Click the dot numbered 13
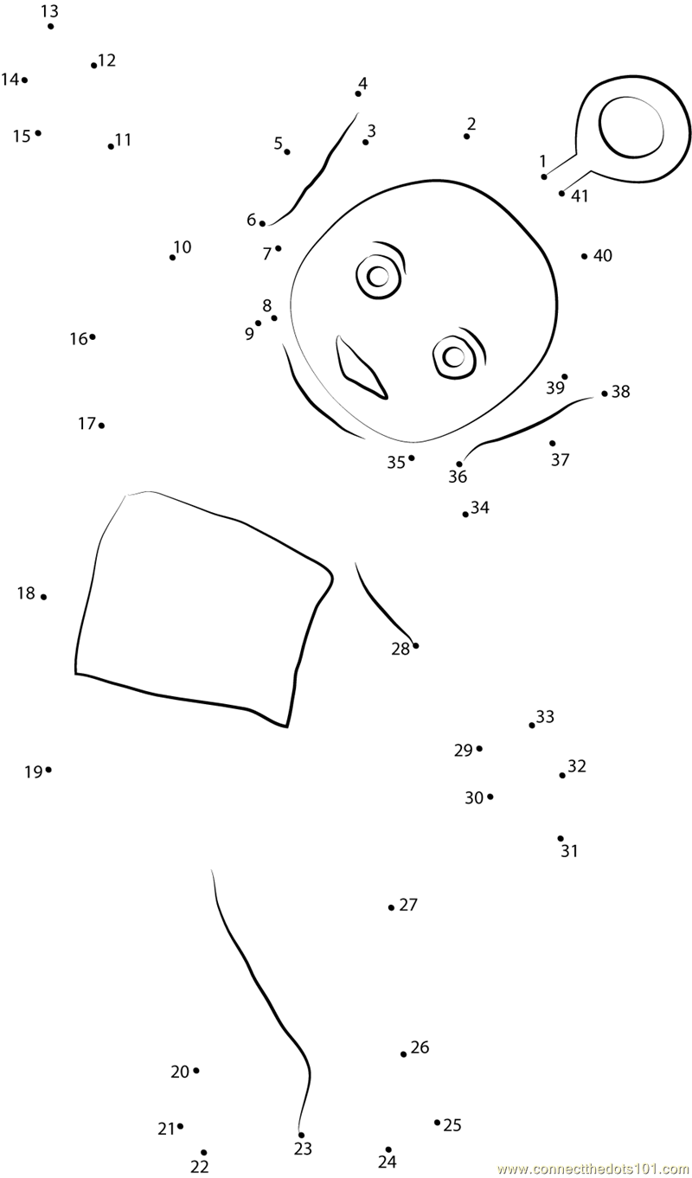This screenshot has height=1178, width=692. pyautogui.click(x=51, y=26)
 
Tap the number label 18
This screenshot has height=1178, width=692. pyautogui.click(x=26, y=593)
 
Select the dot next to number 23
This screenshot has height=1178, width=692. pyautogui.click(x=301, y=1135)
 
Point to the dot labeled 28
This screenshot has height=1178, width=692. pyautogui.click(x=416, y=645)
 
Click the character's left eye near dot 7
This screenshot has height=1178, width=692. pyautogui.click(x=378, y=276)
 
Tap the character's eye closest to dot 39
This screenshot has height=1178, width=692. pyautogui.click(x=453, y=355)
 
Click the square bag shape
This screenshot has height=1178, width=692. pyautogui.click(x=199, y=605)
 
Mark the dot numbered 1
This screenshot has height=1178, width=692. pyautogui.click(x=544, y=176)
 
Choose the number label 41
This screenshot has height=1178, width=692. pyautogui.click(x=580, y=196)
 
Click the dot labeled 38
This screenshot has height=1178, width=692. pyautogui.click(x=605, y=394)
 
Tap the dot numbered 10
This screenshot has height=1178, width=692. pyautogui.click(x=172, y=257)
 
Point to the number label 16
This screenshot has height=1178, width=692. pyautogui.click(x=78, y=339)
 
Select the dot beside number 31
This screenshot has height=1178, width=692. pyautogui.click(x=561, y=838)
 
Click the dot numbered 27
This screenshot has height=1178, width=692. pyautogui.click(x=391, y=907)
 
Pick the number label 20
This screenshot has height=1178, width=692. pyautogui.click(x=179, y=1072)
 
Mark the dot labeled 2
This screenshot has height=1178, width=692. pyautogui.click(x=467, y=136)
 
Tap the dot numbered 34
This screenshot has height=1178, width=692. pyautogui.click(x=465, y=514)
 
